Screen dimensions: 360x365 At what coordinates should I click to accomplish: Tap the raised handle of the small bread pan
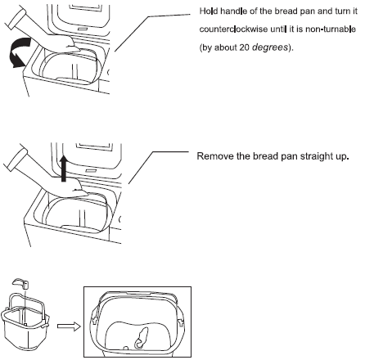tap(23, 286)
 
